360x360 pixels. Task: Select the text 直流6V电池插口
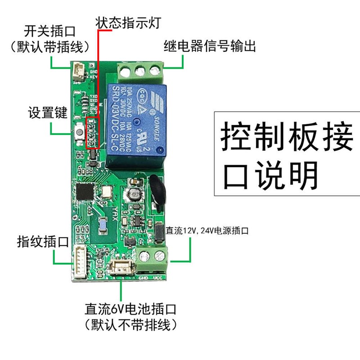click(130, 310)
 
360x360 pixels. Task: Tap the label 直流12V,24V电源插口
click(207, 231)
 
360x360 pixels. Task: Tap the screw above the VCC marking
click(159, 257)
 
